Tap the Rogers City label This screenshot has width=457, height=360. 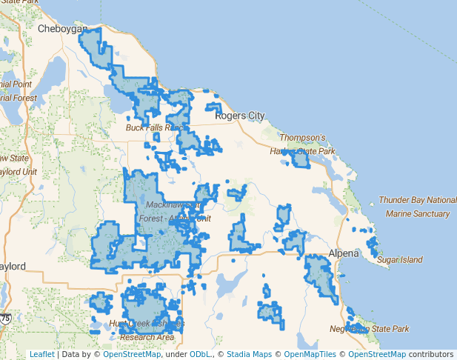[239, 116]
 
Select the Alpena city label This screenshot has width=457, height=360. [343, 253]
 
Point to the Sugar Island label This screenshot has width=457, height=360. [399, 260]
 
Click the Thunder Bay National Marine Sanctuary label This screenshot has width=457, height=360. [417, 207]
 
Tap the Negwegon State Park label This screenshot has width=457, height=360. [370, 329]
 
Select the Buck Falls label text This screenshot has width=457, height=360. [153, 128]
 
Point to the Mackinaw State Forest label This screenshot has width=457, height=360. [174, 211]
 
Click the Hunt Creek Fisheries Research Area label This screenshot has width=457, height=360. [146, 330]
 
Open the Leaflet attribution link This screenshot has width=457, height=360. [42, 355]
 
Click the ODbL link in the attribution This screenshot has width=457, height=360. [200, 355]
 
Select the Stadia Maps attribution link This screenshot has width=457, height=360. [249, 355]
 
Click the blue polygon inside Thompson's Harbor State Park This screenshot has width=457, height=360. [300, 159]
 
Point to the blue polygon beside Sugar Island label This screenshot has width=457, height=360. [372, 244]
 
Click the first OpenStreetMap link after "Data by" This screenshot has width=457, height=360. [132, 355]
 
